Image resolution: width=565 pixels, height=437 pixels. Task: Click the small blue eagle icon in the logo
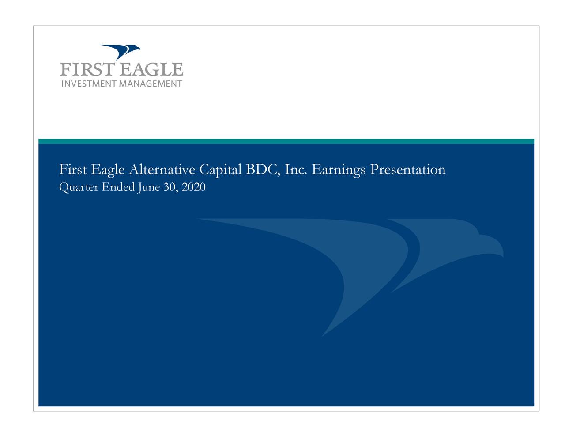tap(120, 51)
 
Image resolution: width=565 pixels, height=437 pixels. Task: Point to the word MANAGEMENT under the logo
tap(151, 84)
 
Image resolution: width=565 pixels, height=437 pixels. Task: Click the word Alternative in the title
tap(162, 170)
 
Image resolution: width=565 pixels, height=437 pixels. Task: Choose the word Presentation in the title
tap(408, 170)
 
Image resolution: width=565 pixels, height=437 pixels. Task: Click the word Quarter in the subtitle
tap(79, 187)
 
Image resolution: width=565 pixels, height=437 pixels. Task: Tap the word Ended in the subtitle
tap(118, 187)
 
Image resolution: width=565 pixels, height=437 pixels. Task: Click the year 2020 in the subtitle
tap(194, 187)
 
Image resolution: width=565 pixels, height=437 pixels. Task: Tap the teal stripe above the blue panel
tap(286, 141)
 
